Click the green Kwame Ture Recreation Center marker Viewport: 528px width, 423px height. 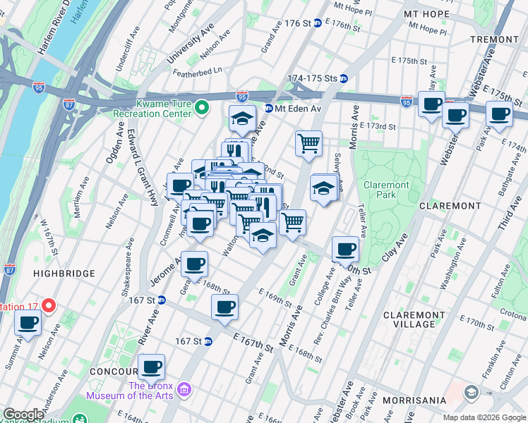pos(202,108)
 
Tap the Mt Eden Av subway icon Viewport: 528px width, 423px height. pos(269,109)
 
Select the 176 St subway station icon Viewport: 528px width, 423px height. pos(318,23)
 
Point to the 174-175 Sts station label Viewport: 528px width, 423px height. pos(312,78)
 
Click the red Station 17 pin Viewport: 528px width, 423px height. pos(48,306)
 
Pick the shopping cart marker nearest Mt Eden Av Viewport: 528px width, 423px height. pos(308,143)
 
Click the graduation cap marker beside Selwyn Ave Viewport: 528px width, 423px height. pos(323,188)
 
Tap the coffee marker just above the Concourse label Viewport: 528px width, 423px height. pos(151,367)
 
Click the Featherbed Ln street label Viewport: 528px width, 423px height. pos(198,70)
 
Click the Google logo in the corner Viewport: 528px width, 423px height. pos(24,415)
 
